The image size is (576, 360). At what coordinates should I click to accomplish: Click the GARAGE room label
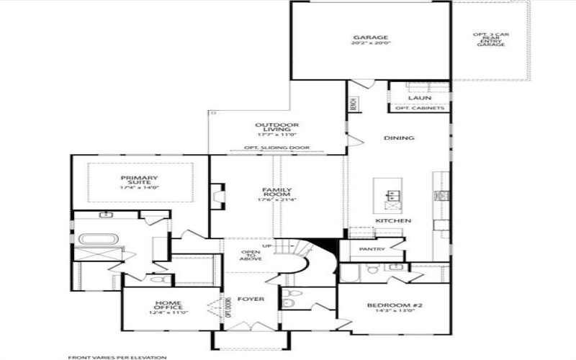point(371,37)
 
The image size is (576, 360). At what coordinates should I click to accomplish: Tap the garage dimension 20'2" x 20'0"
point(371,43)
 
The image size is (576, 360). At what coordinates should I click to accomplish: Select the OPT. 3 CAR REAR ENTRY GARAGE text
point(489,40)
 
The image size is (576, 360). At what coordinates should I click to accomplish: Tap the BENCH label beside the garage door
point(354,104)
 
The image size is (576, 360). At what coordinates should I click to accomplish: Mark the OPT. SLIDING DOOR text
point(276,148)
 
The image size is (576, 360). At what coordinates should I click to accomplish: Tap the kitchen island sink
point(393,194)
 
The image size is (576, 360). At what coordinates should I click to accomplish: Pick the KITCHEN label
point(392,220)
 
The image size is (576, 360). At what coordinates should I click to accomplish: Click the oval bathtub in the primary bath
point(94,239)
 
